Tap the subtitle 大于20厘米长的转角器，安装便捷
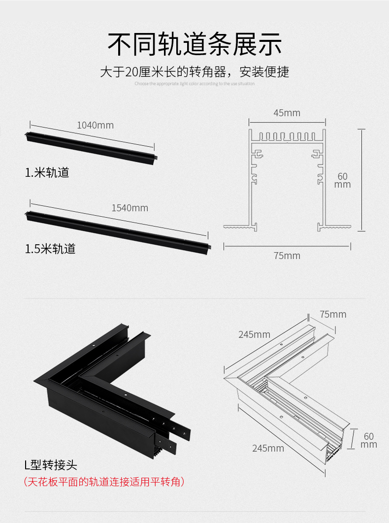(194, 72)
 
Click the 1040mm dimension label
(95, 125)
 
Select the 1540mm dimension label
(130, 208)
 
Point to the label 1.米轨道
(47, 173)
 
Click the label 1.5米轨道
(50, 249)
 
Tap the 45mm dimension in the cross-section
(287, 113)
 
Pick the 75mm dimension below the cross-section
(287, 256)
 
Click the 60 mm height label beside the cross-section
(343, 180)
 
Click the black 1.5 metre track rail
(118, 230)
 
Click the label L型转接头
(51, 464)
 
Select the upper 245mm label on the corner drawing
(254, 335)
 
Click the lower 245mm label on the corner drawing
(268, 448)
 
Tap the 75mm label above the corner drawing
(333, 314)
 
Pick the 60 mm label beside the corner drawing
(369, 440)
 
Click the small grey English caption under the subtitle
(194, 84)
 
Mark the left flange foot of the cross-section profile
(240, 227)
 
